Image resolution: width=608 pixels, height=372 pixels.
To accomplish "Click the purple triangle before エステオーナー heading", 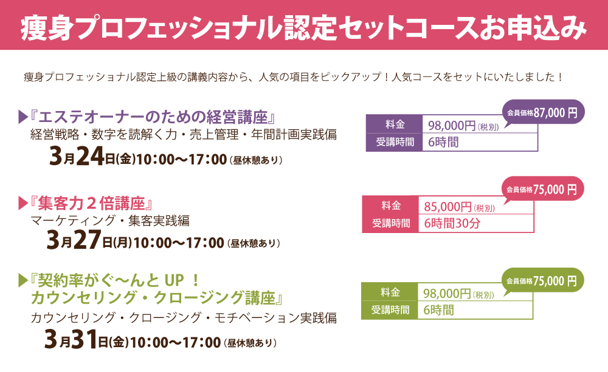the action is coord(23,117).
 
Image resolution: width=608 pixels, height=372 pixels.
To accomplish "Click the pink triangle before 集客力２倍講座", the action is coord(23,203).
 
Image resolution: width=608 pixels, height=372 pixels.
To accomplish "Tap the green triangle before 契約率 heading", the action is coord(23,280).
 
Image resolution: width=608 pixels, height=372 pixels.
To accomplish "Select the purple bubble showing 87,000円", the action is coord(543,113).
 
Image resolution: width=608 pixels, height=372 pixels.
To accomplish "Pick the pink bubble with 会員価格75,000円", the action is coord(542,189).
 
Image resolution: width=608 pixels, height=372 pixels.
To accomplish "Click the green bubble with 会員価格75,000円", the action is coord(542,280).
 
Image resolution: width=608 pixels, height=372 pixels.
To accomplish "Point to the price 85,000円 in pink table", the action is coord(448,207).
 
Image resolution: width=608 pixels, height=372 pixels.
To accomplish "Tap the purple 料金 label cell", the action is coord(395,124).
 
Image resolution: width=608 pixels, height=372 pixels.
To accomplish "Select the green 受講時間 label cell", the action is coord(390,310).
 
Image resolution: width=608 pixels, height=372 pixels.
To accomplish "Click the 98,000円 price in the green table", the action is coord(447,294).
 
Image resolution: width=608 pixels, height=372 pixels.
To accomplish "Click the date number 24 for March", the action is coord(91,157).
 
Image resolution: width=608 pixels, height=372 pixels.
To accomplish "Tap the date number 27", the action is coord(88,240).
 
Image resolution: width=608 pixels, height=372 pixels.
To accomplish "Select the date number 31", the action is coord(84,339).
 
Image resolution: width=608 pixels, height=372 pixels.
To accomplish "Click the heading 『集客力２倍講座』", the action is coord(91,203).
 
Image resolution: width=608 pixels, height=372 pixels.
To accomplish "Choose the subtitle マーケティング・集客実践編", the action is coord(110,221).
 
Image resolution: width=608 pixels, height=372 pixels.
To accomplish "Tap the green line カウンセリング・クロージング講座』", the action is coord(157,298).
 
